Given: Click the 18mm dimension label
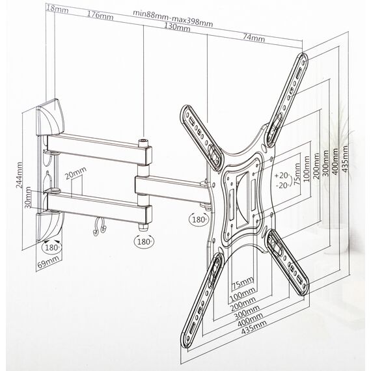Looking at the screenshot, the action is pyautogui.click(x=57, y=9).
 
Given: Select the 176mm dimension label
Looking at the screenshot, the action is pyautogui.click(x=100, y=16).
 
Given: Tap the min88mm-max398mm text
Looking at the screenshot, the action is pyautogui.click(x=172, y=18).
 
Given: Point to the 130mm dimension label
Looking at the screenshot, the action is pyautogui.click(x=177, y=27).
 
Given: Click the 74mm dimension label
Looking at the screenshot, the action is pyautogui.click(x=254, y=38).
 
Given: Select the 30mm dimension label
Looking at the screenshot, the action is pyautogui.click(x=28, y=197).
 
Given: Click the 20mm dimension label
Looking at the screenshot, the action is pyautogui.click(x=76, y=173).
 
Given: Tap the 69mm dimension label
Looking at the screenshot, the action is pyautogui.click(x=49, y=262).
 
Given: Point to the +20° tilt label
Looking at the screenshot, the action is pyautogui.click(x=282, y=176).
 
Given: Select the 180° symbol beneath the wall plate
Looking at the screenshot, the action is pyautogui.click(x=51, y=247).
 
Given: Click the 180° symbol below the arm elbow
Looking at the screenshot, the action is pyautogui.click(x=144, y=241).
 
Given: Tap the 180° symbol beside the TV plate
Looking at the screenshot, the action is pyautogui.click(x=199, y=219).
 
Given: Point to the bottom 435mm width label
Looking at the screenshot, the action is pyautogui.click(x=254, y=327).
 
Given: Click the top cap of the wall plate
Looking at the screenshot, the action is pyautogui.click(x=50, y=117).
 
